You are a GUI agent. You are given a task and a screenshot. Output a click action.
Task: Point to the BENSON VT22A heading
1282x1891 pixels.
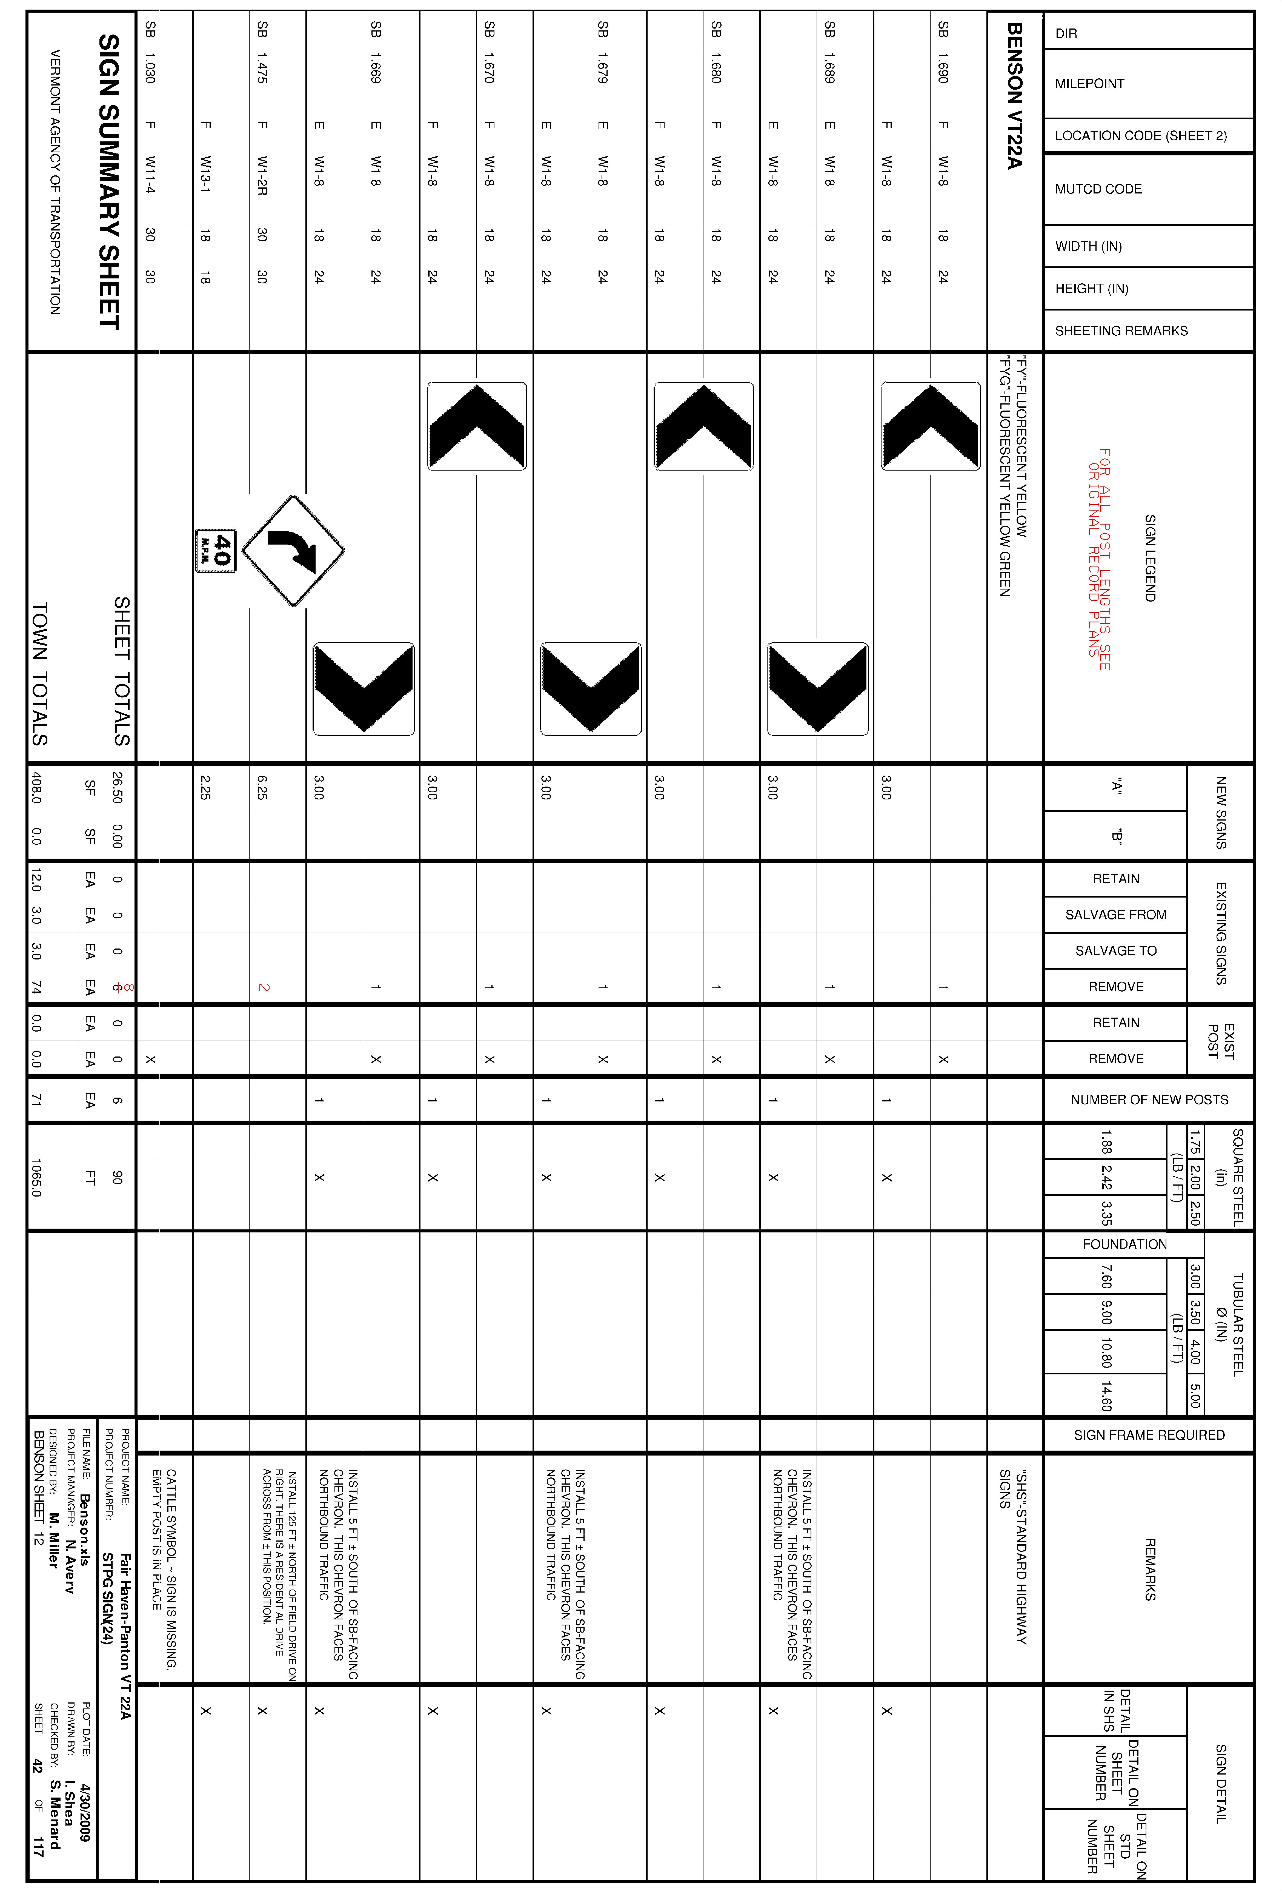click(x=1014, y=96)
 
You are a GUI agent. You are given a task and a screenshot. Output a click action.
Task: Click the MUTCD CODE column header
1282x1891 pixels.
click(x=1098, y=189)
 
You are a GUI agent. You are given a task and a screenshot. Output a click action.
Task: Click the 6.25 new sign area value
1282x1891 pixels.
click(x=262, y=788)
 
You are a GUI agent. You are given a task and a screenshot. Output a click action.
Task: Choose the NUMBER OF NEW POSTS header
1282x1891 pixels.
click(x=1149, y=1099)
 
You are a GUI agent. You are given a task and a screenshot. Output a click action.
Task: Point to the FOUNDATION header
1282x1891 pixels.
click(x=1124, y=1244)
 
